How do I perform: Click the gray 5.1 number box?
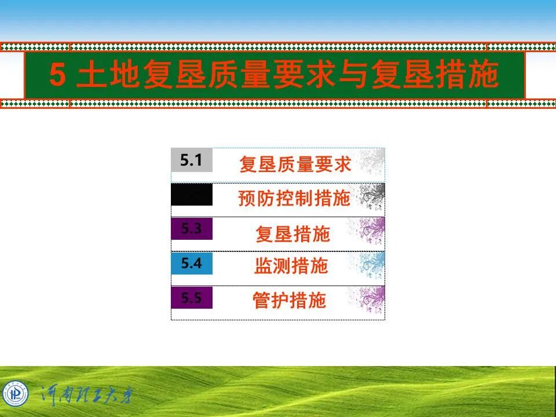[x=192, y=160]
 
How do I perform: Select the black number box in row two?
[x=192, y=195]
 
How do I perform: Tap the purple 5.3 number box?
[x=192, y=229]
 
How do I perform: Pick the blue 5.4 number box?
[x=192, y=264]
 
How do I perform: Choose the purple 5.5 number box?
[x=192, y=298]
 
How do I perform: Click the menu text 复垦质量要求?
[x=295, y=164]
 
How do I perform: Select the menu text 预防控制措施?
[x=294, y=199]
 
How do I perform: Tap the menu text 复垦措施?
[x=292, y=233]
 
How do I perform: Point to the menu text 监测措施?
[x=291, y=266]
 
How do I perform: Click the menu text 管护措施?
[x=290, y=301]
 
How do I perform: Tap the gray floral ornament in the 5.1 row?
[x=371, y=162]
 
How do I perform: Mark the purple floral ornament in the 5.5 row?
[x=371, y=299]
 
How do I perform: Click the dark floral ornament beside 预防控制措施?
[x=371, y=196]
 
